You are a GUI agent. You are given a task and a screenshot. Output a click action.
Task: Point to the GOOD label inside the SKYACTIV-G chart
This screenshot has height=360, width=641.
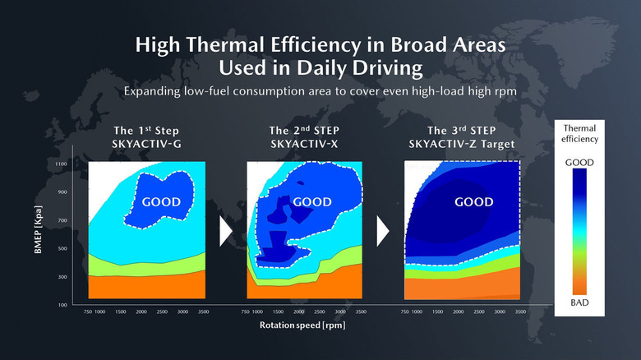pos(161,201)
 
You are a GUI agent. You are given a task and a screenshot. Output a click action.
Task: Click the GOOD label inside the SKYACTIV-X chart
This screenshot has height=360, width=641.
pos(312,201)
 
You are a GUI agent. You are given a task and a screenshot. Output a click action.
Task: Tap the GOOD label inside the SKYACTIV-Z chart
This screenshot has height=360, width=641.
pos(474,201)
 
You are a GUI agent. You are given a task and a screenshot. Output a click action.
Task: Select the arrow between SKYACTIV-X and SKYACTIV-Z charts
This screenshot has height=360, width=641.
pos(382,233)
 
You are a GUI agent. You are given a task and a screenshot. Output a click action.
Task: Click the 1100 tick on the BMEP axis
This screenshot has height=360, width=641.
pos(62,164)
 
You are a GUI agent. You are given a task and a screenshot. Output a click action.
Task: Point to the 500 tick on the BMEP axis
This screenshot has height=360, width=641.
pos(62,248)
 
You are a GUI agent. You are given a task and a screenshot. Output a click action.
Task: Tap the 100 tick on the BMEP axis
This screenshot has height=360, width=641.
pos(62,305)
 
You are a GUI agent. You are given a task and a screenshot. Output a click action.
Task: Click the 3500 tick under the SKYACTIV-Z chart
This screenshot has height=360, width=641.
pos(519,312)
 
